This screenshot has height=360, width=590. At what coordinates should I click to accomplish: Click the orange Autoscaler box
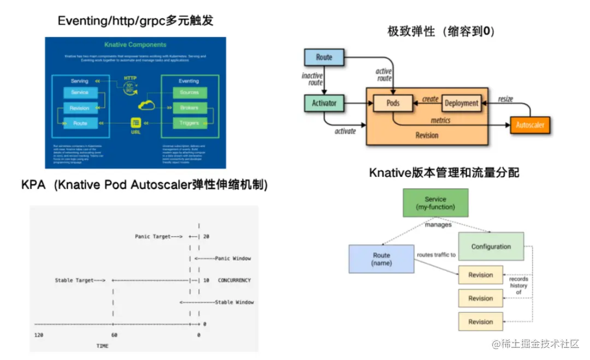tap(530, 125)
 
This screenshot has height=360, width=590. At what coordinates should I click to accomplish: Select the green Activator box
tap(323, 103)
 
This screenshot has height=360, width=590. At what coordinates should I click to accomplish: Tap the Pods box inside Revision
tap(393, 103)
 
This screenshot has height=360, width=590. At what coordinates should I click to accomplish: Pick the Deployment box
tap(462, 103)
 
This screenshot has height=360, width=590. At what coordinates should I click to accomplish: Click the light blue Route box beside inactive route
tap(324, 57)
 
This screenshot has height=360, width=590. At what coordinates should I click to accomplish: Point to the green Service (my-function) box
tap(435, 203)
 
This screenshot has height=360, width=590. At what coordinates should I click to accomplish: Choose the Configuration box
tap(491, 246)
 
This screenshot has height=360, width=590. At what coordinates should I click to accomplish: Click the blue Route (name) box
tap(381, 258)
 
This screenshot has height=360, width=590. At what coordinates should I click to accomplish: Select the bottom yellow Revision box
tap(481, 322)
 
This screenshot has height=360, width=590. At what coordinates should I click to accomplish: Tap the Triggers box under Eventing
tap(189, 123)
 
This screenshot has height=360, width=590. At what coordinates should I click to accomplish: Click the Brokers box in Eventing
tap(189, 108)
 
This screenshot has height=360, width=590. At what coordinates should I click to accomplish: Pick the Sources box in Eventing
tap(189, 92)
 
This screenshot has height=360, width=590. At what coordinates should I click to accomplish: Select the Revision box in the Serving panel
tap(80, 108)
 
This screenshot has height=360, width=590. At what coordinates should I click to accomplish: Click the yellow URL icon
tap(137, 122)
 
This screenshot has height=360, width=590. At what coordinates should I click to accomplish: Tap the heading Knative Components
tap(135, 45)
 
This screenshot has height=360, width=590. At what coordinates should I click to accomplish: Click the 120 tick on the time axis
tap(38, 334)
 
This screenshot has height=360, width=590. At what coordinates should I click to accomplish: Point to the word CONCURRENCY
tap(234, 280)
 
